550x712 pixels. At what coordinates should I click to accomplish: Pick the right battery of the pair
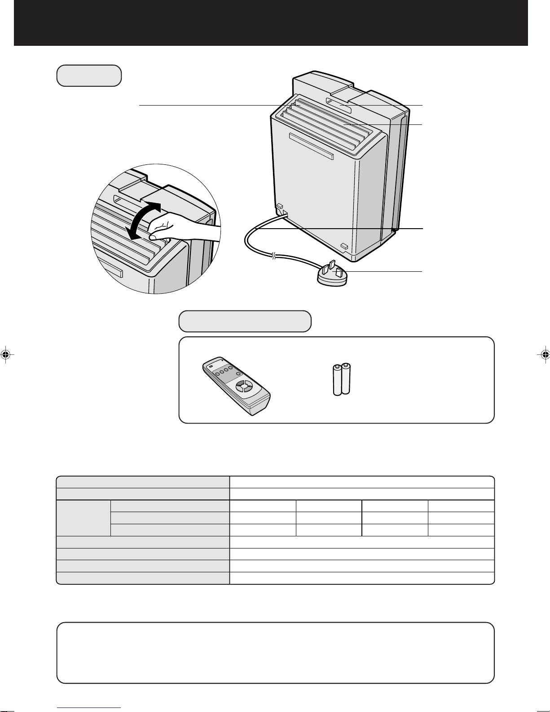[x=346, y=379]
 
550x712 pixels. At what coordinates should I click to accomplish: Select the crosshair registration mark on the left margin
[x=6, y=354]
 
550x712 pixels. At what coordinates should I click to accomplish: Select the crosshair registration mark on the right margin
[x=544, y=354]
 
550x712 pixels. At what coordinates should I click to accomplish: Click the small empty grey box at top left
[x=89, y=75]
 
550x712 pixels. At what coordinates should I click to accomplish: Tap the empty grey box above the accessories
[x=245, y=321]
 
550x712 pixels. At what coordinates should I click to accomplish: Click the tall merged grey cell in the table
[x=83, y=518]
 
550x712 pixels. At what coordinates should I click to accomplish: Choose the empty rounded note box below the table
[x=275, y=653]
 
